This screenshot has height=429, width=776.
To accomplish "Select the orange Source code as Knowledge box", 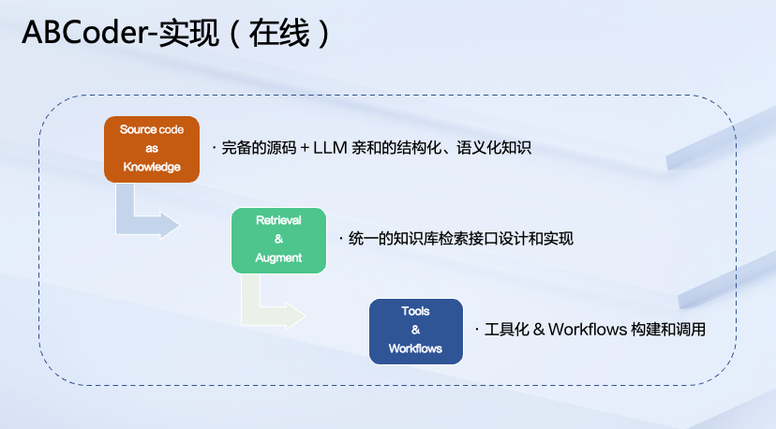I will click(x=151, y=148).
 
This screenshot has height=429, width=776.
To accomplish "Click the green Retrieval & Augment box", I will click(x=278, y=240).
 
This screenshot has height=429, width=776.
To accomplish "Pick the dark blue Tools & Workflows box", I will click(x=415, y=331).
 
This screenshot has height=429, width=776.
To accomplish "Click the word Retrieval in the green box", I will click(x=278, y=221).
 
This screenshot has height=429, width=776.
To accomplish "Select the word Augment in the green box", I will click(x=278, y=258).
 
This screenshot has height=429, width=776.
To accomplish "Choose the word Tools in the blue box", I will click(x=415, y=312).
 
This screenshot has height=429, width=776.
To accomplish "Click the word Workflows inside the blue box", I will click(x=415, y=348).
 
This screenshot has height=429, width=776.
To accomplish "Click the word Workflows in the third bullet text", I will click(x=583, y=330).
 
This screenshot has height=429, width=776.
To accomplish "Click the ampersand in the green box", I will click(x=278, y=240).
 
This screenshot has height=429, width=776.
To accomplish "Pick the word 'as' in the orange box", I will click(x=151, y=148).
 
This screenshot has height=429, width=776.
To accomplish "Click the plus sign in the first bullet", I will click(x=305, y=148).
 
